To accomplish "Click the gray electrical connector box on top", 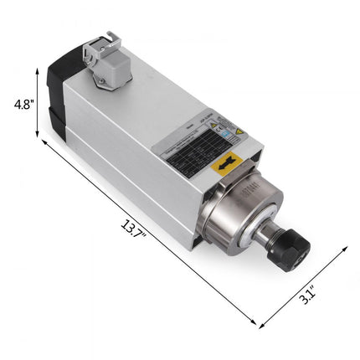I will pos(101,60).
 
